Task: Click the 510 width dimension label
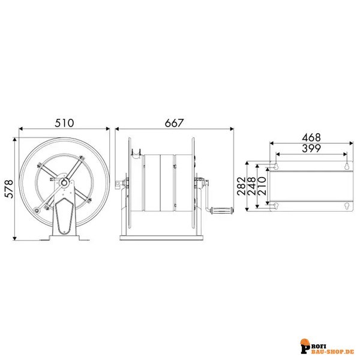point(64,122)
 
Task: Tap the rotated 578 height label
point(7,189)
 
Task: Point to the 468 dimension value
point(311,137)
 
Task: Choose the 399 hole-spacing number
point(311,148)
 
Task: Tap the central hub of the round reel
point(64,182)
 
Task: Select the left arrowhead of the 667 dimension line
point(118,128)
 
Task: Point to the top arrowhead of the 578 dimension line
point(14,139)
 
